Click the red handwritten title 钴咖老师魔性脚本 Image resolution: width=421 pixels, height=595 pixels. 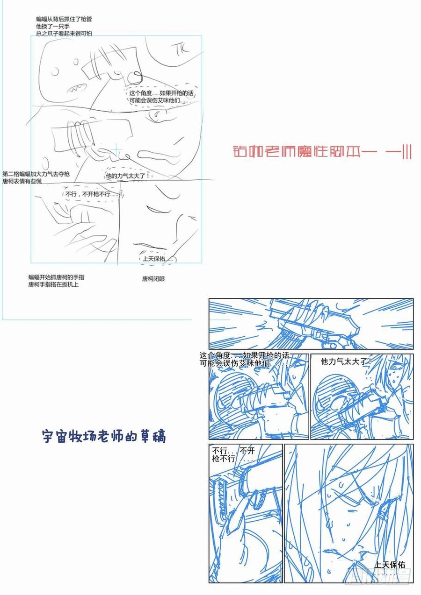tap(322, 152)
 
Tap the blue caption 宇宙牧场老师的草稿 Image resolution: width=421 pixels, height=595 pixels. tap(104, 437)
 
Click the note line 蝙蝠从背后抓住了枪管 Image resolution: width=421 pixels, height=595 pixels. tap(64, 19)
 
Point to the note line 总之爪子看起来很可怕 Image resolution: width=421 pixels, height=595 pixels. tap(64, 33)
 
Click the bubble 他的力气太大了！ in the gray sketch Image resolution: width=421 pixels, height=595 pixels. tap(127, 176)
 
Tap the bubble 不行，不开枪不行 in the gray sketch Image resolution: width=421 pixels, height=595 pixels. tap(93, 194)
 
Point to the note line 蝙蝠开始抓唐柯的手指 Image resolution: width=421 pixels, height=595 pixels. tap(56, 277)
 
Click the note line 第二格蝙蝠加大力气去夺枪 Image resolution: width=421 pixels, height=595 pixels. tap(36, 173)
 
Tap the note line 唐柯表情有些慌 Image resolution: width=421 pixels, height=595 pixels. tap(23, 181)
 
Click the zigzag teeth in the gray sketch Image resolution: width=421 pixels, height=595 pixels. tap(77, 87)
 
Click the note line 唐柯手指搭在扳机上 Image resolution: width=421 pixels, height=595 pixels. tap(53, 284)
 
